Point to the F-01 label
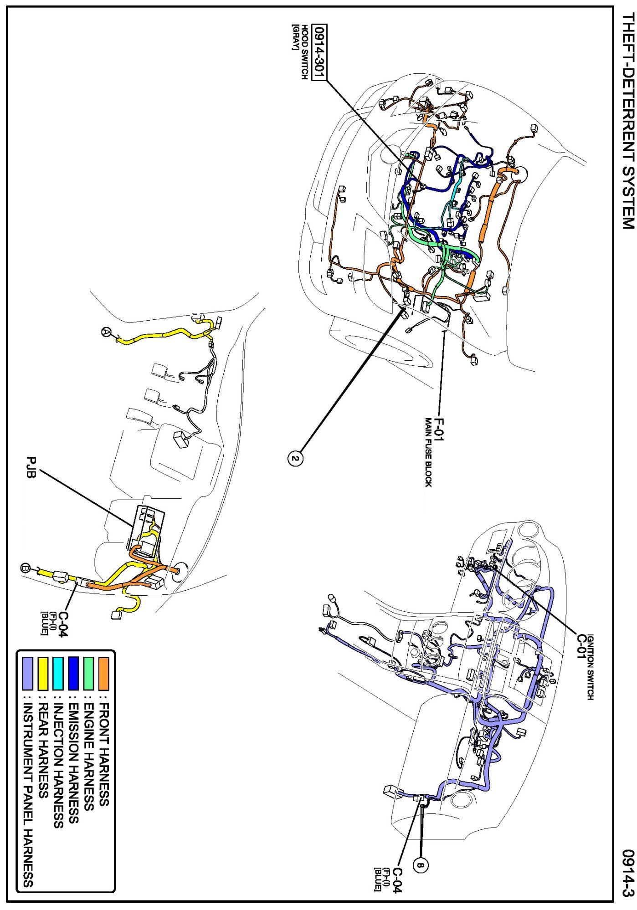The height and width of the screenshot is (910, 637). (438, 429)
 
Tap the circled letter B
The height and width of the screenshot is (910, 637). (26, 568)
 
